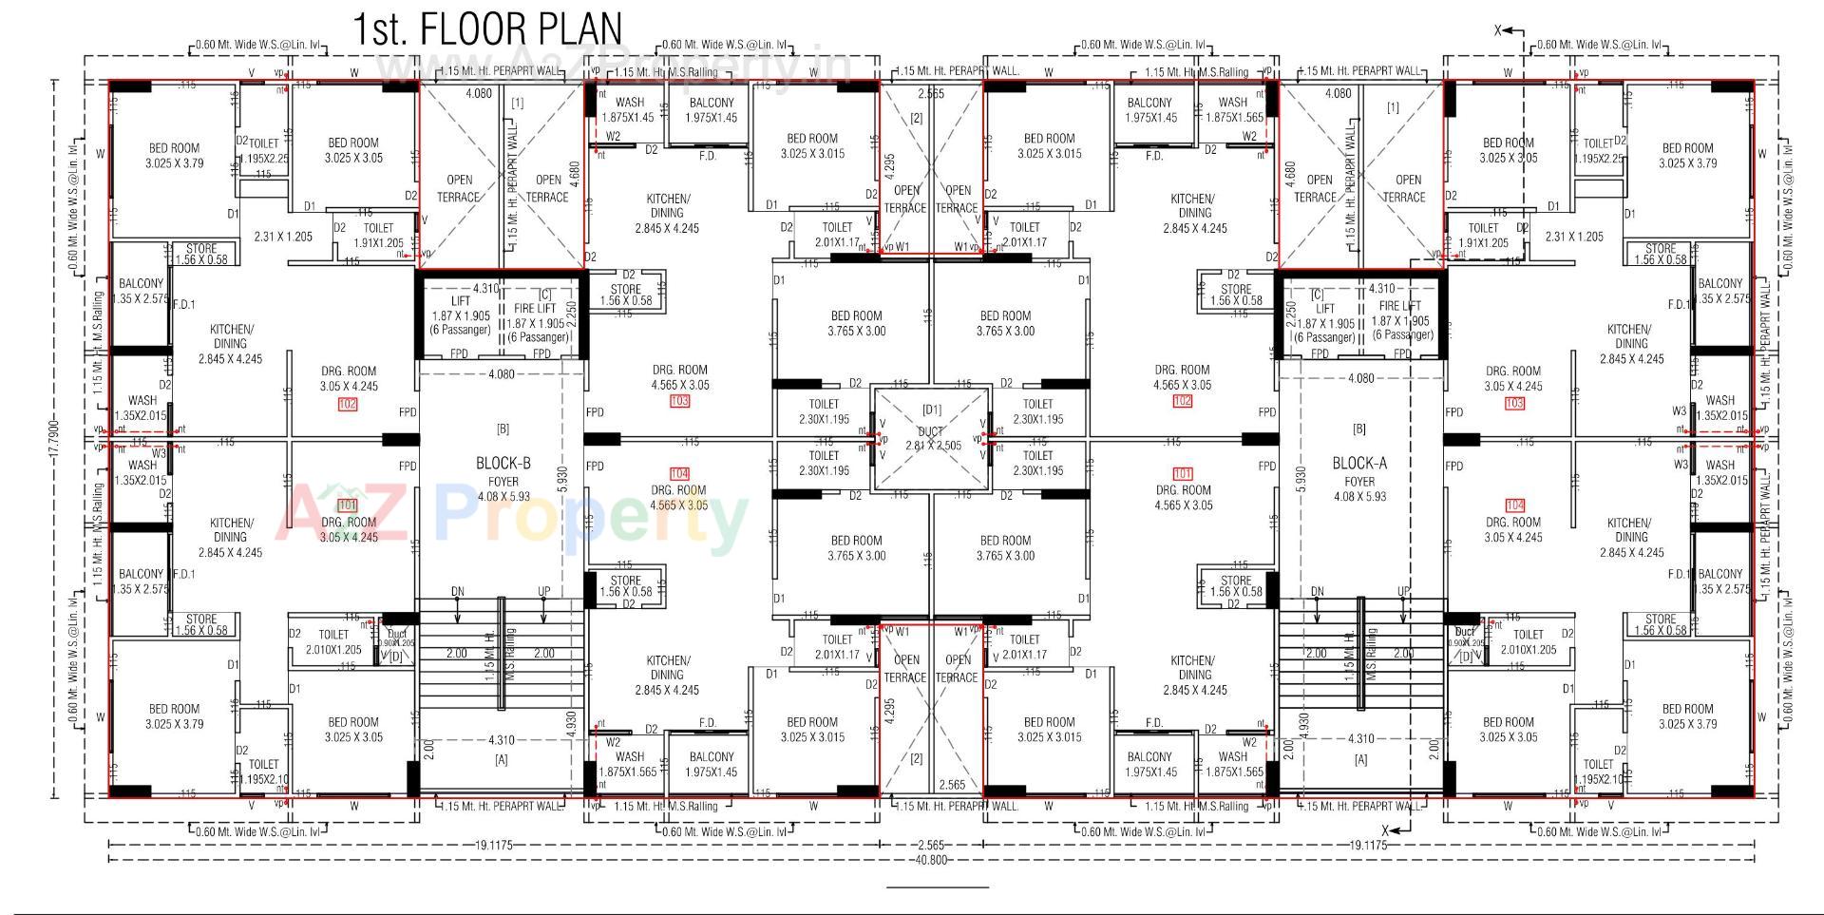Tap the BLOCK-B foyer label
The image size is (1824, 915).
(x=503, y=464)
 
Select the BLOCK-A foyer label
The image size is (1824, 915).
(x=1359, y=464)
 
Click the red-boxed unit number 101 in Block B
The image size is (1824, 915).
(x=347, y=505)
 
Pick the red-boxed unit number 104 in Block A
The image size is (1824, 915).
(x=1514, y=505)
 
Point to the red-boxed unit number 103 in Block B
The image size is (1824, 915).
(x=679, y=401)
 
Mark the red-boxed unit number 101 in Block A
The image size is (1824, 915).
(x=1182, y=473)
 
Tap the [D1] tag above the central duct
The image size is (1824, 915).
(x=931, y=410)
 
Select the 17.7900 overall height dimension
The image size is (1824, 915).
(x=54, y=438)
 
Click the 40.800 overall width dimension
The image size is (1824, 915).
(x=931, y=860)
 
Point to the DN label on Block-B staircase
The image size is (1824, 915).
(x=458, y=591)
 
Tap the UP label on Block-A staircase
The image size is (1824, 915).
(x=1403, y=591)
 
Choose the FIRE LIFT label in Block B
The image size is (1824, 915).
(x=536, y=309)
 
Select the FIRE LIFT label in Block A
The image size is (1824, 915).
(x=1400, y=306)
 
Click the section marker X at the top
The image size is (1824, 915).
(x=1499, y=31)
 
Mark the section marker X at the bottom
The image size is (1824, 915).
(x=1385, y=829)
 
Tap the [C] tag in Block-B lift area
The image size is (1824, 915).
(x=544, y=295)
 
